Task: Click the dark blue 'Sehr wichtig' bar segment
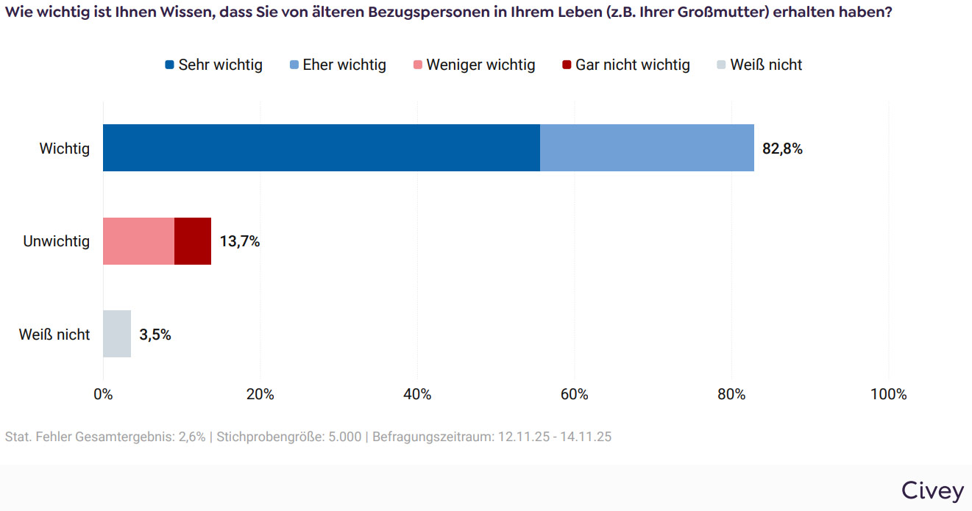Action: click(322, 148)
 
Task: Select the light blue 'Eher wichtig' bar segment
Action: click(647, 148)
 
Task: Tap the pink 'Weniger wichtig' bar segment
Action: click(138, 241)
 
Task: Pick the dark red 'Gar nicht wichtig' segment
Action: click(193, 241)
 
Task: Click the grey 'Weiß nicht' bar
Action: click(117, 334)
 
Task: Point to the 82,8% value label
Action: click(782, 149)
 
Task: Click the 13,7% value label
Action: click(240, 242)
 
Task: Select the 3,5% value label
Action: click(155, 335)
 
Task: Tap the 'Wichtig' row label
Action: click(65, 149)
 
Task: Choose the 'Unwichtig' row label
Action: click(57, 241)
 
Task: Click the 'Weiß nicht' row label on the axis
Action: click(54, 335)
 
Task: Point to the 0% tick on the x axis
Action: click(103, 394)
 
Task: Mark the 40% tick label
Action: click(417, 394)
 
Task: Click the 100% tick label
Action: click(888, 394)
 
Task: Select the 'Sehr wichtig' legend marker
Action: click(170, 65)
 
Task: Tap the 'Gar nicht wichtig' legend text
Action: click(633, 65)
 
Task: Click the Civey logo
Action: click(932, 491)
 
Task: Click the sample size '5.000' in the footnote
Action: click(344, 437)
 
